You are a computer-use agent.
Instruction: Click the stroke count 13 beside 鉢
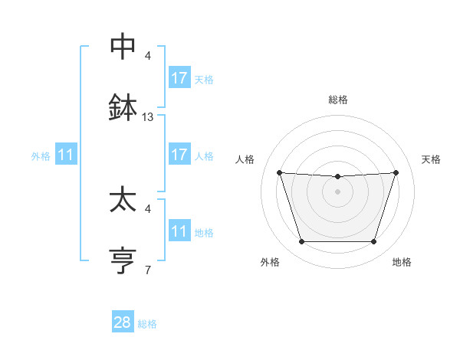pyautogui.click(x=148, y=117)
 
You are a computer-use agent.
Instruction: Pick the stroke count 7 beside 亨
pyautogui.click(x=148, y=270)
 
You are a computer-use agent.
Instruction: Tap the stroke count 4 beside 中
pyautogui.click(x=148, y=56)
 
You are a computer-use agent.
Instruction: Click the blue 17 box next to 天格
pyautogui.click(x=179, y=78)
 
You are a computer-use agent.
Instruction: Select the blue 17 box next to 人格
pyautogui.click(x=179, y=155)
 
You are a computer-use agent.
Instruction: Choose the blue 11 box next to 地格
pyautogui.click(x=179, y=231)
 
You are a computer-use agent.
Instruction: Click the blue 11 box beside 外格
pyautogui.click(x=66, y=155)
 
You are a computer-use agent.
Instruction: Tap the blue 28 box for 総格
pyautogui.click(x=123, y=322)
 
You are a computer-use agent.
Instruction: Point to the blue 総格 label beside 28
pyautogui.click(x=147, y=324)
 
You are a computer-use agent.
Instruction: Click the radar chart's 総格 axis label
pyautogui.click(x=338, y=100)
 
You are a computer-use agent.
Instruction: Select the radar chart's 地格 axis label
pyautogui.click(x=402, y=262)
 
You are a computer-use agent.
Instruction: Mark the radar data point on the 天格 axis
pyautogui.click(x=396, y=172)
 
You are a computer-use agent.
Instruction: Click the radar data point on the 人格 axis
pyautogui.click(x=279, y=172)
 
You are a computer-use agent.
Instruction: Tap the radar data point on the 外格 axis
pyautogui.click(x=301, y=242)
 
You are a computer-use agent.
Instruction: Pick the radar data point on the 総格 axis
pyautogui.click(x=338, y=177)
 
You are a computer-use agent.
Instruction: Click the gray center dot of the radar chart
pyautogui.click(x=338, y=191)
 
